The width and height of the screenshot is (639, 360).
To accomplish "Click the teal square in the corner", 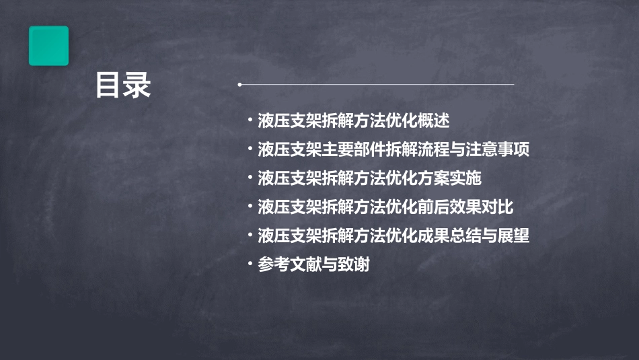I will pyautogui.click(x=48, y=46).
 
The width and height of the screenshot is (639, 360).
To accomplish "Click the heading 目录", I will pyautogui.click(x=123, y=85).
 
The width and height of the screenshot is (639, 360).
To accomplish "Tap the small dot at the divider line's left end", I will pyautogui.click(x=239, y=85).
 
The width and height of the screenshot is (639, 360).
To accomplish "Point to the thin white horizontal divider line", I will pyautogui.click(x=377, y=85).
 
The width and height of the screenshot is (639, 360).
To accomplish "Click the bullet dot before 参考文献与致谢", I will pyautogui.click(x=250, y=265).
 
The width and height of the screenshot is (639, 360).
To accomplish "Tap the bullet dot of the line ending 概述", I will pyautogui.click(x=250, y=121).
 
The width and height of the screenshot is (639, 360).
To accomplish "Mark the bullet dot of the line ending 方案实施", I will pyautogui.click(x=250, y=178).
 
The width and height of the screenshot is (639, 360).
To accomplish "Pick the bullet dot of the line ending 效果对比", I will pyautogui.click(x=250, y=207).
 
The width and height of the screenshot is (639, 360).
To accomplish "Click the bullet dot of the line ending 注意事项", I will pyautogui.click(x=250, y=149).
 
